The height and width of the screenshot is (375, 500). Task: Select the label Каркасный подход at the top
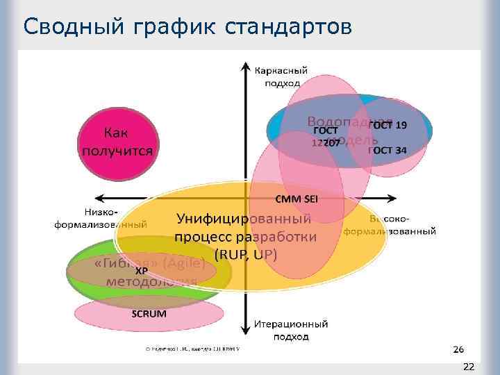click(281, 76)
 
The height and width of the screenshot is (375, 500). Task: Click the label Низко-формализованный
click(101, 219)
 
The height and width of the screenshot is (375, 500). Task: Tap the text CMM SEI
click(297, 199)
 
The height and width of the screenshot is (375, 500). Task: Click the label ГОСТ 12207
click(325, 137)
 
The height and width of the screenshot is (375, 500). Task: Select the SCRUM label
click(149, 313)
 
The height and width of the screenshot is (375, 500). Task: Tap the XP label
click(142, 270)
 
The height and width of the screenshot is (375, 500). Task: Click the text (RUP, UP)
click(246, 254)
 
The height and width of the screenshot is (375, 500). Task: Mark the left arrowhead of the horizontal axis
click(98, 198)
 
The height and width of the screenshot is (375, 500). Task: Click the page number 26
click(458, 349)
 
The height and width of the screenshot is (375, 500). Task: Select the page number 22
click(469, 366)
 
